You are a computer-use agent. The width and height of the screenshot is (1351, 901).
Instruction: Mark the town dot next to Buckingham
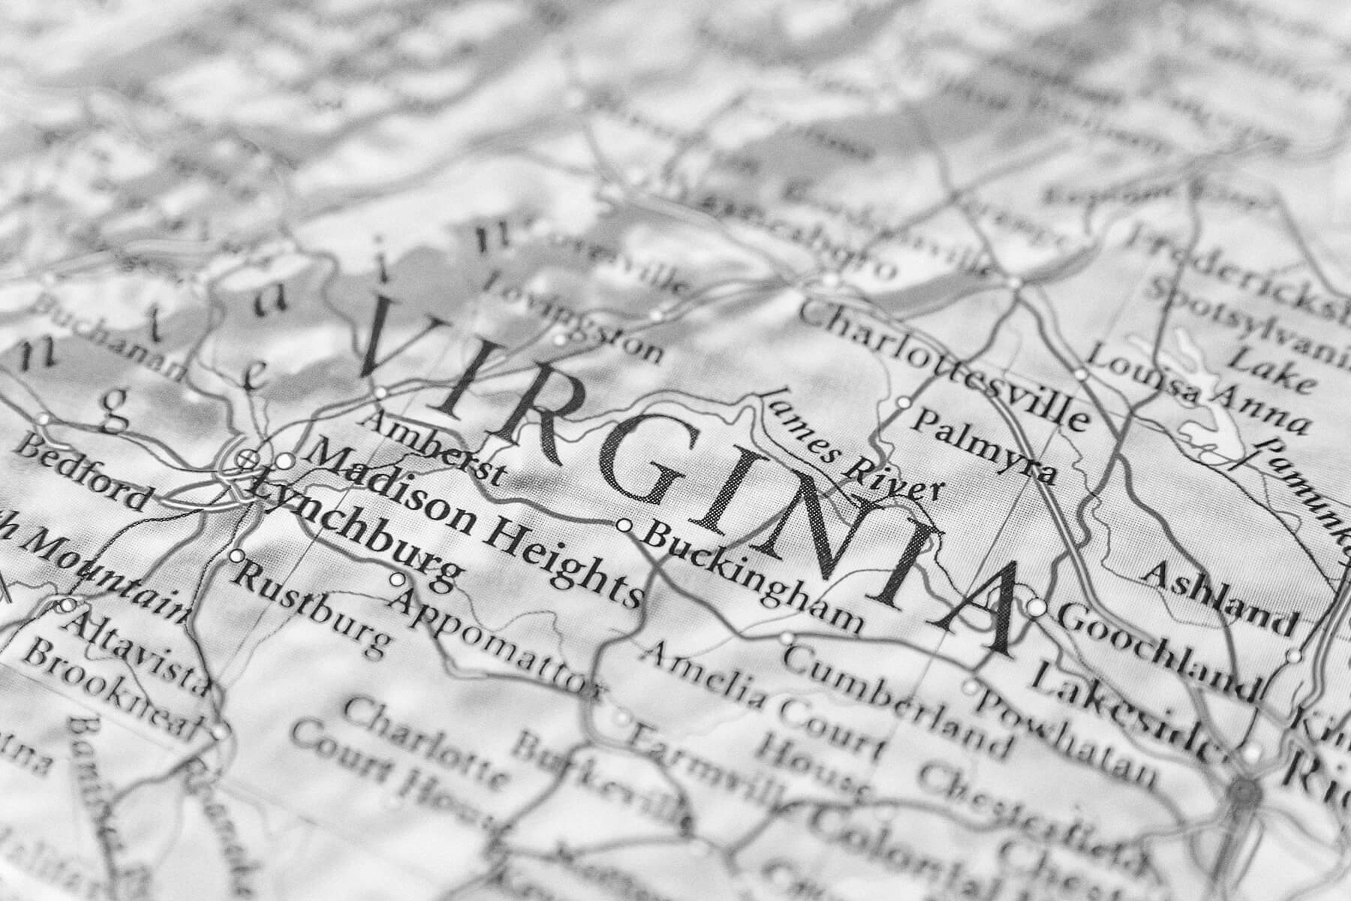[623, 525]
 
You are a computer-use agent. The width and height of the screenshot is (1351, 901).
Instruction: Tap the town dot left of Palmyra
[904, 403]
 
